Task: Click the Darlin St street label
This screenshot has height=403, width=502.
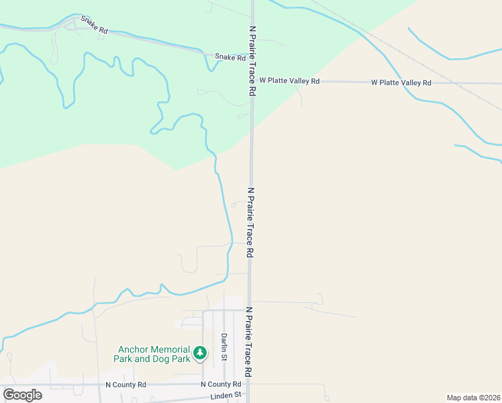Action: [x=223, y=346]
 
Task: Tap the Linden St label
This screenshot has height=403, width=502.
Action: [x=225, y=396]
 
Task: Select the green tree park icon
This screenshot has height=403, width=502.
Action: [x=199, y=353]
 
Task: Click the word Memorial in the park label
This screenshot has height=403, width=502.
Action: [x=170, y=349]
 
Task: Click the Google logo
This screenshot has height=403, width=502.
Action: [x=22, y=394]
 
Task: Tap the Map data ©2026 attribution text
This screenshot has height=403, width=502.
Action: [x=473, y=398]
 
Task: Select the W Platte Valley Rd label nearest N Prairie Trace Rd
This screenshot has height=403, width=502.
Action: [x=290, y=81]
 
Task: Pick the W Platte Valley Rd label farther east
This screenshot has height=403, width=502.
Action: [x=401, y=83]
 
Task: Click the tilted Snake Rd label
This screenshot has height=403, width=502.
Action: [x=94, y=26]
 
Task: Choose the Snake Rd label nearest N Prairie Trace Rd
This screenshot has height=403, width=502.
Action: [x=230, y=58]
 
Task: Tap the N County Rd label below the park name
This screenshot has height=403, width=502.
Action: [x=125, y=385]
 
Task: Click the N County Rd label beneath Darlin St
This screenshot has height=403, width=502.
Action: [x=221, y=384]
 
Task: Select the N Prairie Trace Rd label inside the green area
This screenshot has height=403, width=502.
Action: [x=252, y=60]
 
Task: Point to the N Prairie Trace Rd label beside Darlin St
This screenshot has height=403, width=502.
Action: [x=248, y=341]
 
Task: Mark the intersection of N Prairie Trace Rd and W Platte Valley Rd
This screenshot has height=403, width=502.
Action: [x=252, y=81]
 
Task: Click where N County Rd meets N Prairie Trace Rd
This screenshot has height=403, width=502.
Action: [x=248, y=385]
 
